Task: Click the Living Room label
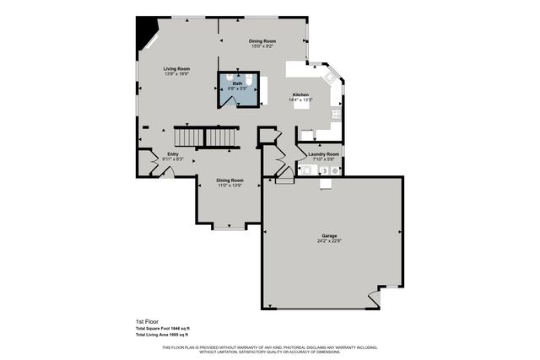click(176, 68)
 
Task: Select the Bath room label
click(238, 83)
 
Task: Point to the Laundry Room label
click(321, 154)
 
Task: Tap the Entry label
click(173, 154)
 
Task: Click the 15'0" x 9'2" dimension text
click(262, 46)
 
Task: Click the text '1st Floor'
click(147, 322)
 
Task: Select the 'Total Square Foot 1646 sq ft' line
click(163, 329)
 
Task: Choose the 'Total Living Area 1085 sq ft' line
click(163, 335)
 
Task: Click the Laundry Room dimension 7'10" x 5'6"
click(321, 159)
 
